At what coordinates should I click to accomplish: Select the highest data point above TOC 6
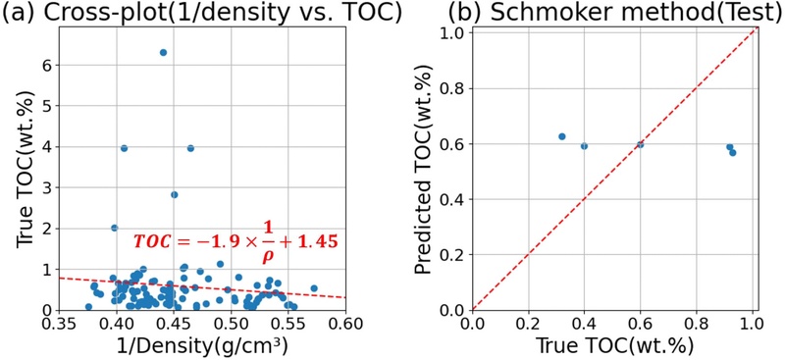163,52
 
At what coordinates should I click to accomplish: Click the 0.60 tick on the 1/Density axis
345,323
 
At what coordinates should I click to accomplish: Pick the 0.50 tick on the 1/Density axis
231,323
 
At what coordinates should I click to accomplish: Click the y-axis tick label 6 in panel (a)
44,66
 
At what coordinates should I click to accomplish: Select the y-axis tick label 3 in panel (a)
44,187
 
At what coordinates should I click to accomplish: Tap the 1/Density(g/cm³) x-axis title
202,345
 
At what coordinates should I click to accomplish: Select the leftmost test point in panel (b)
562,136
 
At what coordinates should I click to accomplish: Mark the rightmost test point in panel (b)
733,152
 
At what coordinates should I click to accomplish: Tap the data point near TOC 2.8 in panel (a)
174,194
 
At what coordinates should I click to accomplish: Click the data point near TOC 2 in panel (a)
114,228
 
